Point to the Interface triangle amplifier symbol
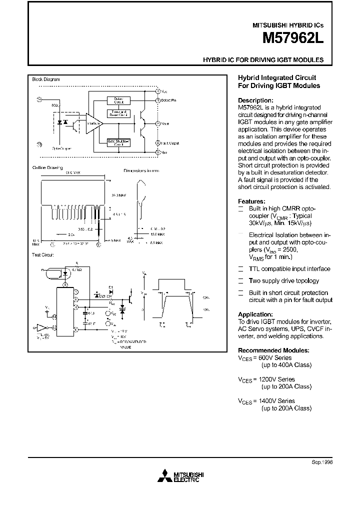coord(92,123)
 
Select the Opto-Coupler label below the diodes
coord(61,148)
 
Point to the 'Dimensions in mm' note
coord(141,170)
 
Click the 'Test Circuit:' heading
coord(42,254)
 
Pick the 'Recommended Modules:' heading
coord(273,350)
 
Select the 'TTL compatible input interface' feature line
coord(289,268)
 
